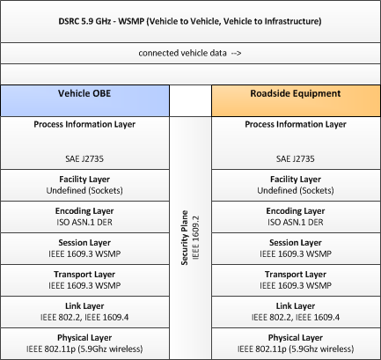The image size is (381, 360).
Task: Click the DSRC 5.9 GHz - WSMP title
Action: point(190,21)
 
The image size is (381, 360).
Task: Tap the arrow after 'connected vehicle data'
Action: point(236,53)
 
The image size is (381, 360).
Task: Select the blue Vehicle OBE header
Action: point(84,100)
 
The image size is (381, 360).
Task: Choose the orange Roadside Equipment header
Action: point(296,100)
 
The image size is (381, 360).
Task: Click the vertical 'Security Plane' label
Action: point(185,238)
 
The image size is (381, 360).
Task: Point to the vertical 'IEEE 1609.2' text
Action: point(195,238)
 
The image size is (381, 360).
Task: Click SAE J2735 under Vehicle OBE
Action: point(84,158)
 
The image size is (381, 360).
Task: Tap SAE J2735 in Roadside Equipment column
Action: point(296,158)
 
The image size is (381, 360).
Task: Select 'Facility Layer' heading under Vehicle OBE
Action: point(84,180)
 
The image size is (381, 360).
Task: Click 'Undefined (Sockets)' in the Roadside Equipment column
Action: point(296,190)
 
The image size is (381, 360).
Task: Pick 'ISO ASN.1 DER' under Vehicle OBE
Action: point(84,222)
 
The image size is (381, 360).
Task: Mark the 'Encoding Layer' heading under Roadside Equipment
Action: point(296,211)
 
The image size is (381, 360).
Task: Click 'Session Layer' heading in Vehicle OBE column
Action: point(84,243)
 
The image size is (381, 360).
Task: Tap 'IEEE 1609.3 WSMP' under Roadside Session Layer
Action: point(296,253)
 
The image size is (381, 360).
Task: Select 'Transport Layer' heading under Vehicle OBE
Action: point(84,275)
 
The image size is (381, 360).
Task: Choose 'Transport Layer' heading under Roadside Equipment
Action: point(296,275)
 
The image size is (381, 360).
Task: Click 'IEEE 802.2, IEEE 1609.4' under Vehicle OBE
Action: point(84,317)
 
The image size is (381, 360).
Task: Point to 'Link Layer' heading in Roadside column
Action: point(296,306)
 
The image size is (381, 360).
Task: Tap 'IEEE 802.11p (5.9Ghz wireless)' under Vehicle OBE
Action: point(84,349)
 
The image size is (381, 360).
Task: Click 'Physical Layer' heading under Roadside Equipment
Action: point(296,338)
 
